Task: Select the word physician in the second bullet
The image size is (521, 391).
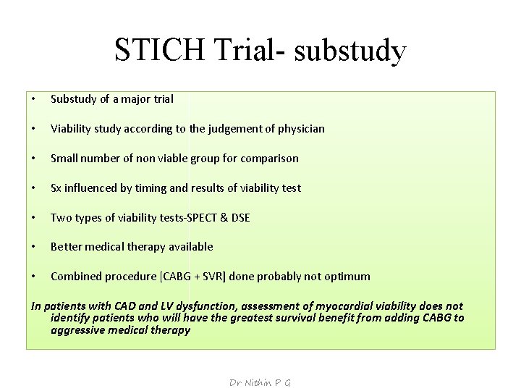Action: (x=297, y=128)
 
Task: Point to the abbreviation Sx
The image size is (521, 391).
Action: (x=56, y=188)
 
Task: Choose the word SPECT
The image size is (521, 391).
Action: (x=207, y=217)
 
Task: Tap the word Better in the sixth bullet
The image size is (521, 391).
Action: (x=67, y=247)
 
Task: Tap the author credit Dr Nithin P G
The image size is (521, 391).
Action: (x=260, y=382)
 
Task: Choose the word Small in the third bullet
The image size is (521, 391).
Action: (x=64, y=158)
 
